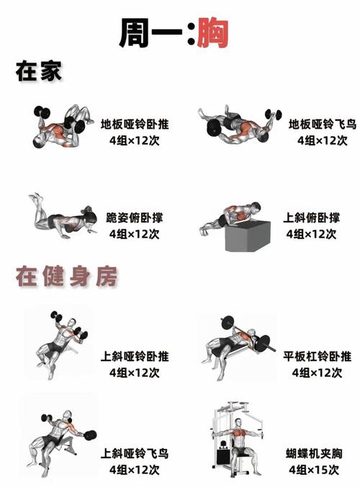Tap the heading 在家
(40, 72)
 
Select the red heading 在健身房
(68, 277)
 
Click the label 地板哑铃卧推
(135, 124)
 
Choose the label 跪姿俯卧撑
(135, 218)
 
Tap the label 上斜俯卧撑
(311, 218)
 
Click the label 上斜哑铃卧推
(135, 356)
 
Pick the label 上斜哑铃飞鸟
(135, 453)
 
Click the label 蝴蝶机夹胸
(313, 453)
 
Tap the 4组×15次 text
(313, 470)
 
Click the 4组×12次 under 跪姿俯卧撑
(135, 234)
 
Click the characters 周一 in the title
(153, 32)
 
